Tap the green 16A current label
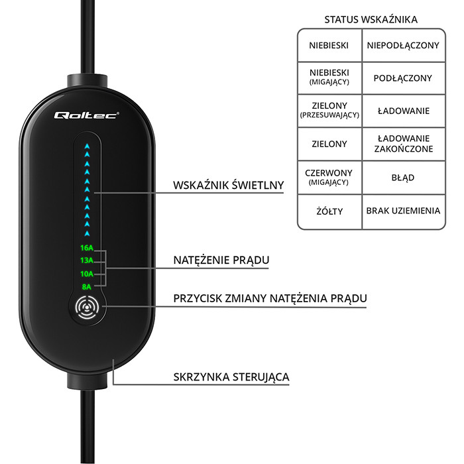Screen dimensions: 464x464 pyautogui.click(x=87, y=248)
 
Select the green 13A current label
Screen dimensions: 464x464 pyautogui.click(x=87, y=261)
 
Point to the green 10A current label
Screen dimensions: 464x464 pyautogui.click(x=87, y=274)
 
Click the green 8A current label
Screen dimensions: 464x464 pyautogui.click(x=87, y=286)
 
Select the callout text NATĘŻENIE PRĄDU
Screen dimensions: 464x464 pyautogui.click(x=221, y=259)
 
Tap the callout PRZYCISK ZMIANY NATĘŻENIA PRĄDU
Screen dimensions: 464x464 pyautogui.click(x=270, y=299)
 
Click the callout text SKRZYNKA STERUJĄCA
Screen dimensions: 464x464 pyautogui.click(x=231, y=377)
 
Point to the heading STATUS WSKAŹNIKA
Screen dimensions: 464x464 pyautogui.click(x=371, y=20)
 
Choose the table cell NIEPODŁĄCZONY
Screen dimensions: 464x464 pyautogui.click(x=403, y=45)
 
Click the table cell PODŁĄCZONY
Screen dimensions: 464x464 pyautogui.click(x=403, y=78)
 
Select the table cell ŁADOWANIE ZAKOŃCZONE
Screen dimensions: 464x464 pyautogui.click(x=403, y=143)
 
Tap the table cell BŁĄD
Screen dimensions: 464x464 pyautogui.click(x=403, y=178)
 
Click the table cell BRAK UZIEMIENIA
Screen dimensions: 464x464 pyautogui.click(x=403, y=211)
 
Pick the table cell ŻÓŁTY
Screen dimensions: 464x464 pyautogui.click(x=329, y=211)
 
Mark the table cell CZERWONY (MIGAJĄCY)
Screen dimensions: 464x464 pyautogui.click(x=329, y=178)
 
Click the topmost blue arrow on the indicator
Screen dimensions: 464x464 pyautogui.click(x=87, y=145)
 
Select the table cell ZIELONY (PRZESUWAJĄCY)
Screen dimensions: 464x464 pyautogui.click(x=329, y=110)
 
